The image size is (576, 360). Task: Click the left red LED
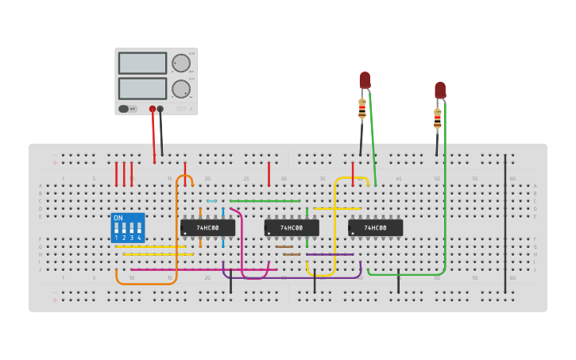point(365,80)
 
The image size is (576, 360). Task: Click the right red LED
point(440,90)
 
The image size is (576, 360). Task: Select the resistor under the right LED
point(437,119)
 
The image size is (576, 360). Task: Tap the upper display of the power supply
point(142,64)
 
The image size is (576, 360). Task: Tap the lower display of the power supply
point(142,88)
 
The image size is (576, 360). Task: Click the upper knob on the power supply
point(181,64)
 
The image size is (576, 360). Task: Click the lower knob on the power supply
point(181,88)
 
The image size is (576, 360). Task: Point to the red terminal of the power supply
point(153,109)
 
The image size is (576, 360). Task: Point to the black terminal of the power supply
point(160,109)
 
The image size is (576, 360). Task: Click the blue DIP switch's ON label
point(118,218)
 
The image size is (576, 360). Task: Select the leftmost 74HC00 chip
point(207,228)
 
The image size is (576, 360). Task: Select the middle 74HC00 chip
point(292,228)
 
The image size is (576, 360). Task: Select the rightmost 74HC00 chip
point(375,228)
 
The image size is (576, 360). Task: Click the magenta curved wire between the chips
point(242,246)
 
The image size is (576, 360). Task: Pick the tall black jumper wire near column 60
point(504,223)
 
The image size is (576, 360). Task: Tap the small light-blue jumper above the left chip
point(211,201)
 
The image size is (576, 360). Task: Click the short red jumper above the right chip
point(353,173)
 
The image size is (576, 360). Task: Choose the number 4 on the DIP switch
point(139,238)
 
